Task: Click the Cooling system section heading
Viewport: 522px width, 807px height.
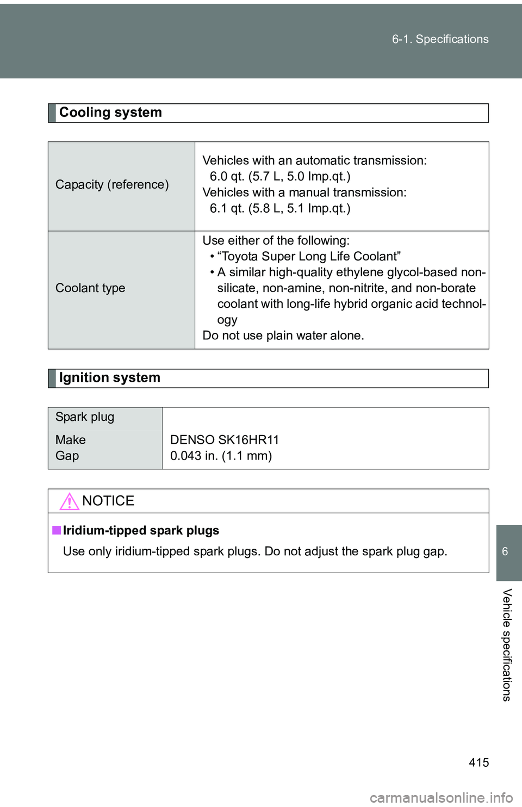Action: click(x=110, y=113)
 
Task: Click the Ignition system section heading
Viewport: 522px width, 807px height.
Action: click(x=109, y=378)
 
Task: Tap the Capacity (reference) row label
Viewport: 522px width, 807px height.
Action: click(x=112, y=185)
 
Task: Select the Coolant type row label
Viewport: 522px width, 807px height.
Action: click(x=90, y=288)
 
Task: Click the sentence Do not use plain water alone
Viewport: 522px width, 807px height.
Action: click(x=283, y=336)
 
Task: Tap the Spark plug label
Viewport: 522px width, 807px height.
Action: click(x=85, y=417)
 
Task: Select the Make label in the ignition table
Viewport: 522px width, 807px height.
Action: click(x=71, y=440)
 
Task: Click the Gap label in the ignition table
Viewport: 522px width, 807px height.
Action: click(x=67, y=456)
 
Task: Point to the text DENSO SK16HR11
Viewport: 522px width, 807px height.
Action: click(x=225, y=440)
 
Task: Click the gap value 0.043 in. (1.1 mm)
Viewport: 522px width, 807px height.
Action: click(x=221, y=456)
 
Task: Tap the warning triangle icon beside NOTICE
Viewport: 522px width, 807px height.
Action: click(x=69, y=501)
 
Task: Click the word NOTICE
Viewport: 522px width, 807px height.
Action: click(x=108, y=501)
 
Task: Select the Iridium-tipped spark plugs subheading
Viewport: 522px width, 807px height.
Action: click(x=141, y=531)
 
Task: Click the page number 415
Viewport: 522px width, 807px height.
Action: click(x=478, y=762)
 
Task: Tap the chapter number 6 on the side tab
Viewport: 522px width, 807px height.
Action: click(x=505, y=552)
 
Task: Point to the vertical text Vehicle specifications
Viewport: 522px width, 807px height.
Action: click(x=507, y=645)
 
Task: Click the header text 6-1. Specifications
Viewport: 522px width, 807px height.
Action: click(x=440, y=39)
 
